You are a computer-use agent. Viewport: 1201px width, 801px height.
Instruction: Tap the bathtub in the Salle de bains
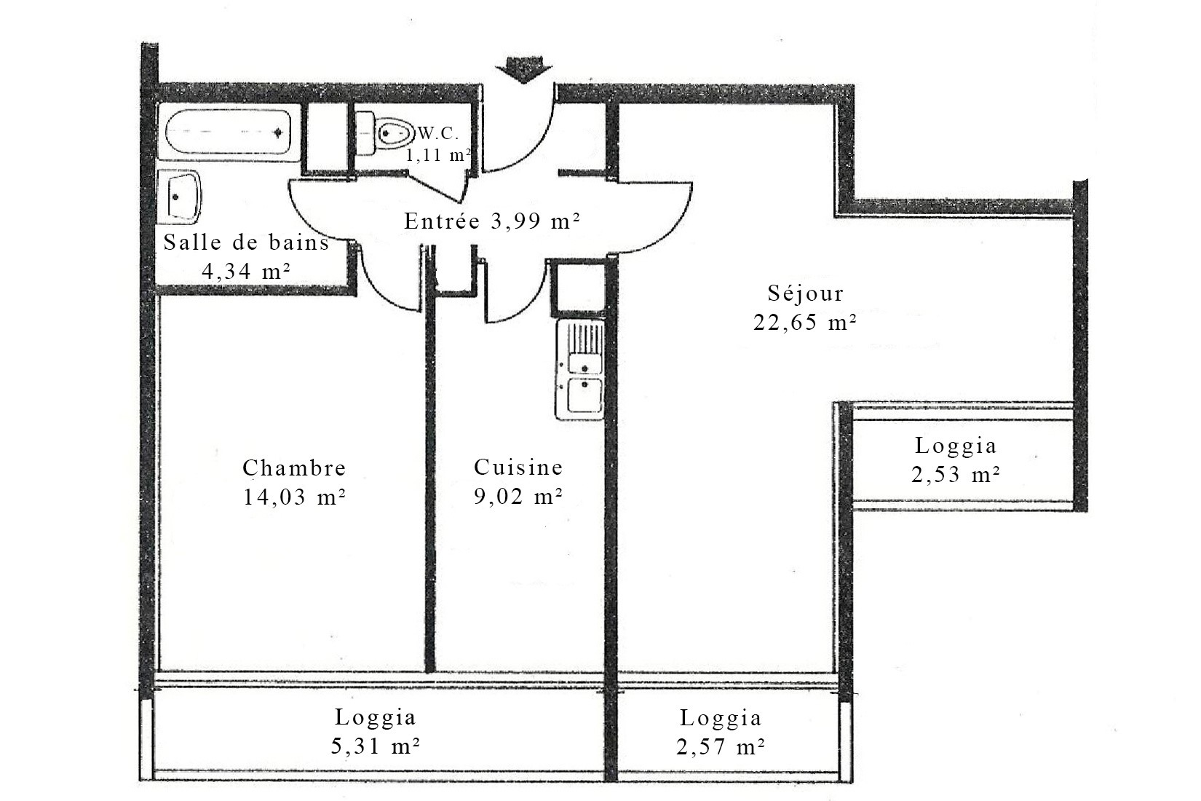(x=228, y=132)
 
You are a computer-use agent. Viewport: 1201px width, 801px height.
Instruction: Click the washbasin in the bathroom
(x=180, y=197)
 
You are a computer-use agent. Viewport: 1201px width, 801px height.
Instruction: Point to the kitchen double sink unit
(x=579, y=369)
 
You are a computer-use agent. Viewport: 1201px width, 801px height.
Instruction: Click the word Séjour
(x=805, y=293)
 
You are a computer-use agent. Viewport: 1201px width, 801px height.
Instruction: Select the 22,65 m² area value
(x=805, y=323)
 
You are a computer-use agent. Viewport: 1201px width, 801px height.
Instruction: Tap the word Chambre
(x=294, y=467)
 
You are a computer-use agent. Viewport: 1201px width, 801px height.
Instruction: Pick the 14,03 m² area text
(x=294, y=497)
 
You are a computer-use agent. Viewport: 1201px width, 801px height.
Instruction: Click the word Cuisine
(x=518, y=467)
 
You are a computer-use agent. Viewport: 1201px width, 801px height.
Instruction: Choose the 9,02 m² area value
(x=518, y=497)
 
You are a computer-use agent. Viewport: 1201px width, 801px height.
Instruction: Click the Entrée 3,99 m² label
(x=492, y=221)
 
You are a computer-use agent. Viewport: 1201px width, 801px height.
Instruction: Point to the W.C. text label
(x=439, y=133)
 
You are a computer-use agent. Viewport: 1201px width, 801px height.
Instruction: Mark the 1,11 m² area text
(x=438, y=156)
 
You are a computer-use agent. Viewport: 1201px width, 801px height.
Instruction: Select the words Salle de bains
(x=246, y=242)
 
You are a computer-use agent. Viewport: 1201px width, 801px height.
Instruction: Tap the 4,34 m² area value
(x=246, y=272)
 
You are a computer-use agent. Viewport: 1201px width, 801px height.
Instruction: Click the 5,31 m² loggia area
(x=375, y=746)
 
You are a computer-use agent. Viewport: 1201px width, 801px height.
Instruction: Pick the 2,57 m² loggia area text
(x=720, y=747)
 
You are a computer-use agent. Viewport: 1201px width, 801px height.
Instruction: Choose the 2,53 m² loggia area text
(x=956, y=475)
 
